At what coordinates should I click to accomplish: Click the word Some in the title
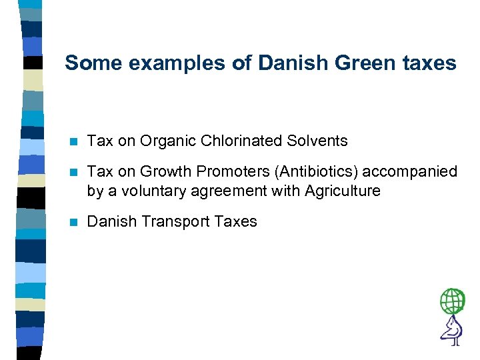tap(90, 63)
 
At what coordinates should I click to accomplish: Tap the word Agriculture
tap(343, 191)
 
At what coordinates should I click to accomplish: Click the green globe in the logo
tap(452, 301)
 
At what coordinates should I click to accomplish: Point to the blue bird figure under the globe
tap(452, 330)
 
